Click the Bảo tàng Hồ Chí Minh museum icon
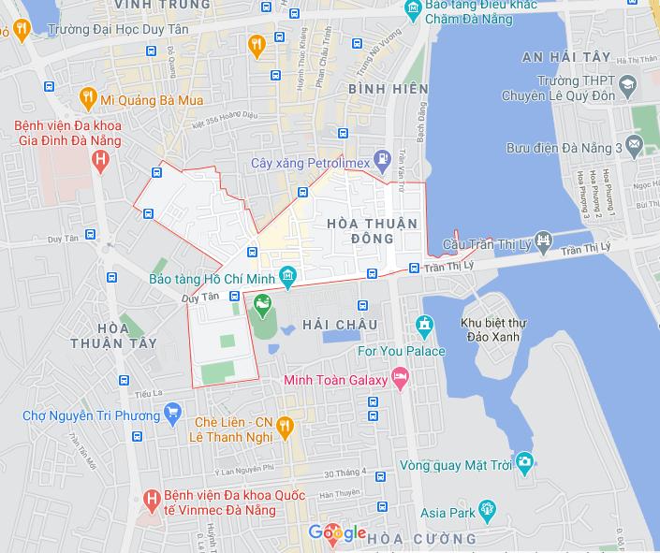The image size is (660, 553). pyautogui.click(x=288, y=277)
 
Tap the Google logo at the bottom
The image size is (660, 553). pyautogui.click(x=337, y=533)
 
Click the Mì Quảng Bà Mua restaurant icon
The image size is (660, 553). pyautogui.click(x=88, y=97)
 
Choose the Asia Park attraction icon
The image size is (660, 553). pyautogui.click(x=486, y=510)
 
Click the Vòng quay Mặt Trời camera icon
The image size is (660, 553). pyautogui.click(x=524, y=461)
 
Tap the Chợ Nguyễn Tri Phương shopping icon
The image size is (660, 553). pyautogui.click(x=172, y=412)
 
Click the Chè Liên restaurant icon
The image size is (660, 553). pyautogui.click(x=286, y=428)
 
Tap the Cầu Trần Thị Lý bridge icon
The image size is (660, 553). pyautogui.click(x=542, y=241)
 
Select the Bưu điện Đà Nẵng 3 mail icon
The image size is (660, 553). pyautogui.click(x=636, y=147)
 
